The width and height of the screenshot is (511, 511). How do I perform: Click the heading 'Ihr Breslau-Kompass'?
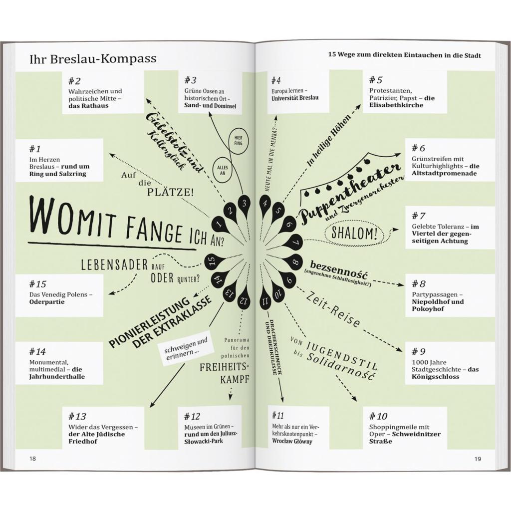93,59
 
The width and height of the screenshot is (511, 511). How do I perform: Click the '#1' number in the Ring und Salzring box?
35,149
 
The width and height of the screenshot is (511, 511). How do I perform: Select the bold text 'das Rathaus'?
88,106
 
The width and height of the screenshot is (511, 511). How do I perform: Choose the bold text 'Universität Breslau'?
295,98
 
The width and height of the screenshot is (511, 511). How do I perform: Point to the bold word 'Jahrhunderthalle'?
57,376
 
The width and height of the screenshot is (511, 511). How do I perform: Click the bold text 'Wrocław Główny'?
292,441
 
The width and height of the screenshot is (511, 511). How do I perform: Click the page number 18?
32,459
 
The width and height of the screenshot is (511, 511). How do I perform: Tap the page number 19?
478,459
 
